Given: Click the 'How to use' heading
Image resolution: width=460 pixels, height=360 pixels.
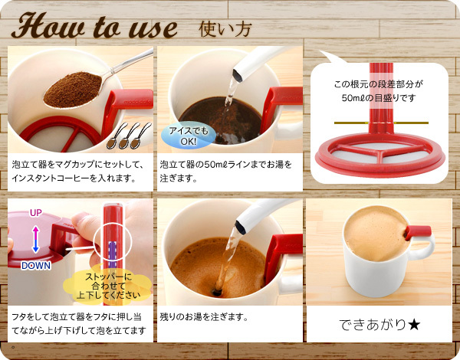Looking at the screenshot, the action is click(x=94, y=26).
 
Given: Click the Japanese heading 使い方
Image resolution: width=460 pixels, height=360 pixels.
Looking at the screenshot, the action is click(x=225, y=29).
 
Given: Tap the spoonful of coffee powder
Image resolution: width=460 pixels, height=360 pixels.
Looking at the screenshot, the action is click(x=73, y=90).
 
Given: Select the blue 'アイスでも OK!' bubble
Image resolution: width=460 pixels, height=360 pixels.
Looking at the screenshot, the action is click(x=189, y=136).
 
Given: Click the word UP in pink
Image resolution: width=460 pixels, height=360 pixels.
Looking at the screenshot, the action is click(x=36, y=213).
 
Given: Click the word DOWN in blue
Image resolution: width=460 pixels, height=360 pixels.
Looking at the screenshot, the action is click(x=36, y=266).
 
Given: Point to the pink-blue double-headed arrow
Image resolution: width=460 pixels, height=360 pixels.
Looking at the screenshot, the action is click(x=35, y=239).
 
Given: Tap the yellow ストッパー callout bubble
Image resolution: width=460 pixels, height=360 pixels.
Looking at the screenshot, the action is click(x=108, y=286).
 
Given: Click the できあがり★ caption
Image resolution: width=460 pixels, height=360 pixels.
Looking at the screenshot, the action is click(x=379, y=324).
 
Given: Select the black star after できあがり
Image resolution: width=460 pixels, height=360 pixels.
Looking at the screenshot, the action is click(x=414, y=325).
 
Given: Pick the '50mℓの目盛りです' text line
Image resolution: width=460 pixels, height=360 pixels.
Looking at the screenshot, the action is click(x=379, y=97).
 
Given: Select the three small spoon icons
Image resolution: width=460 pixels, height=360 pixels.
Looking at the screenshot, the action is click(x=129, y=136).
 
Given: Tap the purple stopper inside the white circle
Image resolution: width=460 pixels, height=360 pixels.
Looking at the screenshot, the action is click(x=113, y=254).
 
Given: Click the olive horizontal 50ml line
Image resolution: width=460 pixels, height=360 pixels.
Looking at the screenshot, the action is click(x=381, y=123).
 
